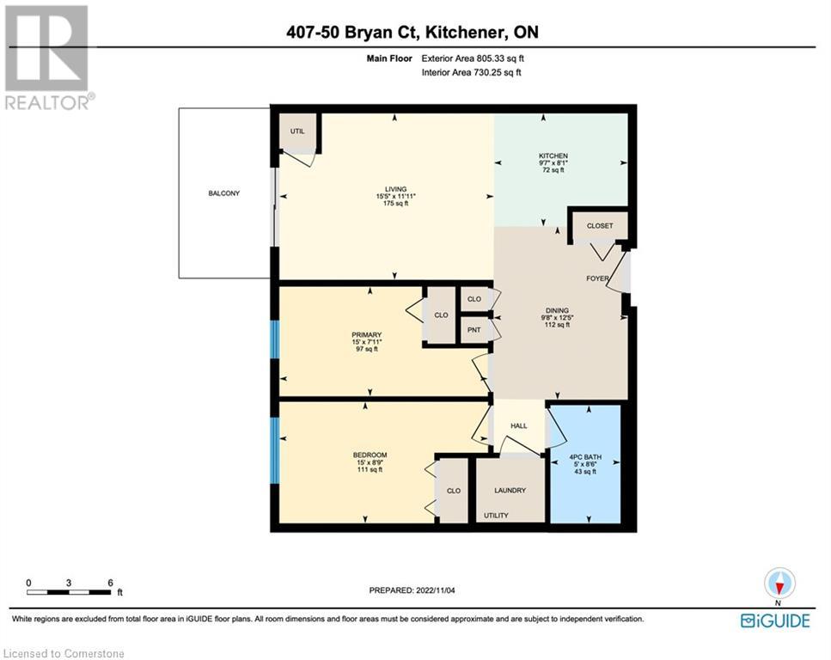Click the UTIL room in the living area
click(x=297, y=132)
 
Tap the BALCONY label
click(x=224, y=193)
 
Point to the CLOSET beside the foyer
click(x=600, y=225)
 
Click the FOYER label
click(x=598, y=278)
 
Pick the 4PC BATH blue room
click(x=584, y=464)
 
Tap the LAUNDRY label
click(x=510, y=491)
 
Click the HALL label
click(x=518, y=426)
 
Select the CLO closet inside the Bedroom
click(x=453, y=491)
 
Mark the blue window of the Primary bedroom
click(x=275, y=339)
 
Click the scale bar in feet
click(x=69, y=591)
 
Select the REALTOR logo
click(x=47, y=57)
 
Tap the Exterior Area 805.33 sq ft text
click(x=471, y=58)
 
